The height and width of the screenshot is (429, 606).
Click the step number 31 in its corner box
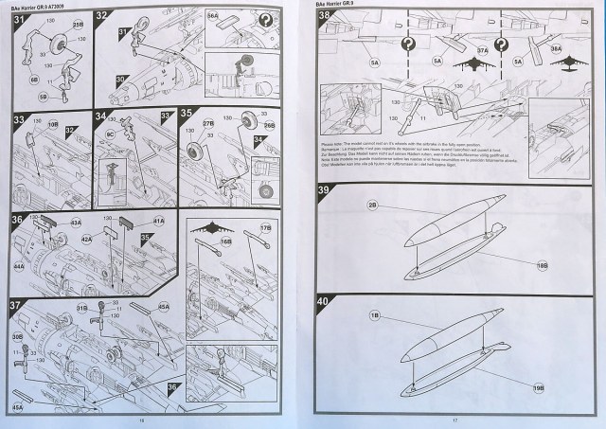19,18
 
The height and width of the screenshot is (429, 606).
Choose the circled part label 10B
53,124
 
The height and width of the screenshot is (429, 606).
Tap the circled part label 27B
209,124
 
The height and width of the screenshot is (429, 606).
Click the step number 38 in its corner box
324,18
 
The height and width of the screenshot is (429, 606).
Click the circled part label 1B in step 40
375,313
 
